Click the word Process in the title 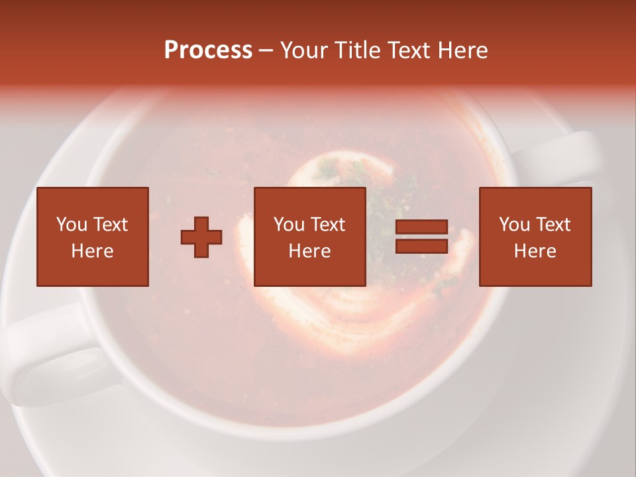208,50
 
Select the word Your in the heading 305,50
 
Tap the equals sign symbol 421,237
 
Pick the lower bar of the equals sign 421,246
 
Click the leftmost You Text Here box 93,237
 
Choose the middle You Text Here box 310,237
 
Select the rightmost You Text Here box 535,237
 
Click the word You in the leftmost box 72,225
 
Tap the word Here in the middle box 310,251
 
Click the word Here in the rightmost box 535,251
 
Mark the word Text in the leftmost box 110,225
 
